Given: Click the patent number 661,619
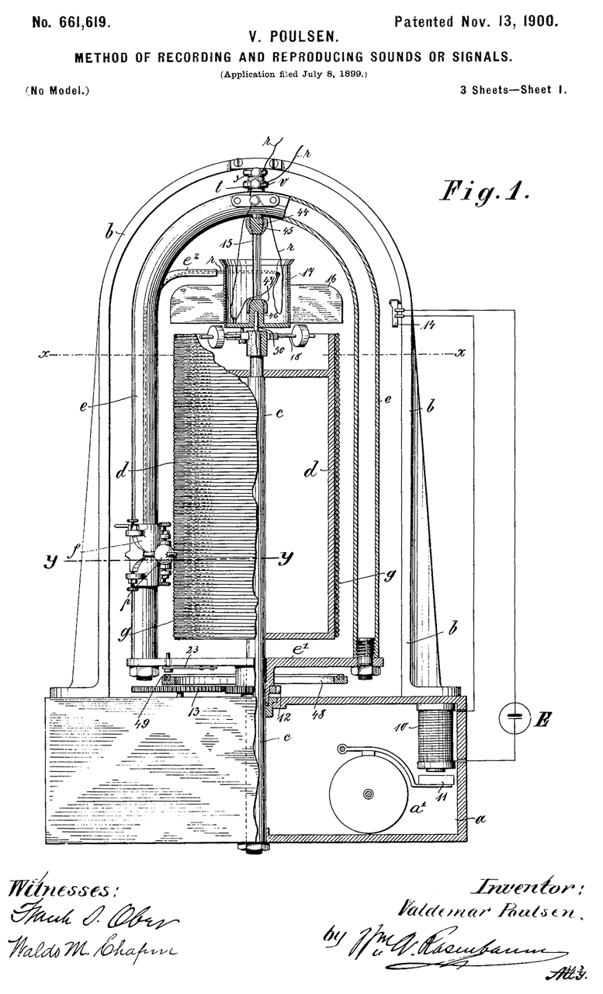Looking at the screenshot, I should [x=71, y=22].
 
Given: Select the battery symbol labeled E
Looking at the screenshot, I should [x=515, y=721].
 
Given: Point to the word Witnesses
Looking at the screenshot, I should [x=63, y=888].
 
